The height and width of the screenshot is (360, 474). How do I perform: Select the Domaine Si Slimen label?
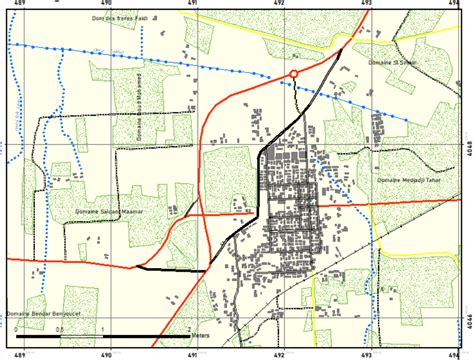point(388,63)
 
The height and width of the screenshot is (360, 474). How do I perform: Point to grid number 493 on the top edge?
point(368,5)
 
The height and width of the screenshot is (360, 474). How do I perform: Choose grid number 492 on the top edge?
point(281,5)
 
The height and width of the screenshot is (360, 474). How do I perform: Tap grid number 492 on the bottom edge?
point(281,353)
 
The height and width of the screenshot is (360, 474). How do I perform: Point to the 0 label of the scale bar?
point(17,329)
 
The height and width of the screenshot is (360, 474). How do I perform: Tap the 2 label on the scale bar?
point(188,329)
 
